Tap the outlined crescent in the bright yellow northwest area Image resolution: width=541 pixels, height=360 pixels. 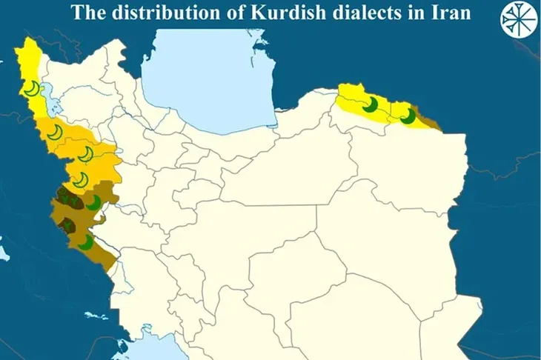pos(30,90)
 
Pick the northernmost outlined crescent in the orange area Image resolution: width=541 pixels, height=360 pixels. pos(53,133)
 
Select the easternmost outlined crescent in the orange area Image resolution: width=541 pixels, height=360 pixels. pos(87,154)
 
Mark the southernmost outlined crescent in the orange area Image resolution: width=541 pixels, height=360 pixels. pos(79,179)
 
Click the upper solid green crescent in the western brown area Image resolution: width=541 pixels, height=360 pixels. pos(93,201)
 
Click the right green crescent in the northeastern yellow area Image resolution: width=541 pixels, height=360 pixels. pos(406,116)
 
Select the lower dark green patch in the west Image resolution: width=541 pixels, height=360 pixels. pos(70,224)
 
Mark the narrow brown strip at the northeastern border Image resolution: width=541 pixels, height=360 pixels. pos(432,119)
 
